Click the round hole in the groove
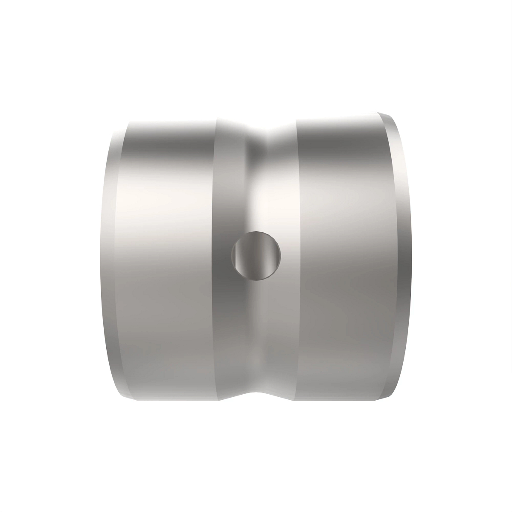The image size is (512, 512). point(256,255)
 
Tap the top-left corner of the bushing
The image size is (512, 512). point(128,122)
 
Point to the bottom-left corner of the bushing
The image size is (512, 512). point(128,399)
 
